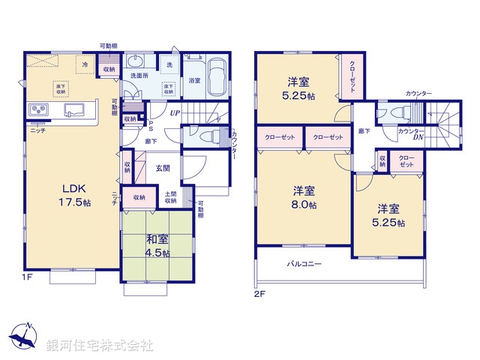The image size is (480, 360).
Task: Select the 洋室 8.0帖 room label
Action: (x=304, y=197)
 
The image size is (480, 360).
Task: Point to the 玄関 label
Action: (x=163, y=168)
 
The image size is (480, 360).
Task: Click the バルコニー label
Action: (x=304, y=264)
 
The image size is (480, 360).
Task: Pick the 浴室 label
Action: (x=194, y=80)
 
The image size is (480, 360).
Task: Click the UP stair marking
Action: (x=174, y=113)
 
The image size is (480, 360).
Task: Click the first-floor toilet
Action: (x=209, y=136)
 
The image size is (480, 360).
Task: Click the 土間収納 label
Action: (x=172, y=197)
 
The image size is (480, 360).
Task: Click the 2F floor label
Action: (x=260, y=293)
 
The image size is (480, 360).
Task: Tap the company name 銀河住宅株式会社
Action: (x=99, y=346)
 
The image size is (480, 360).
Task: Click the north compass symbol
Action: (x=25, y=335)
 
